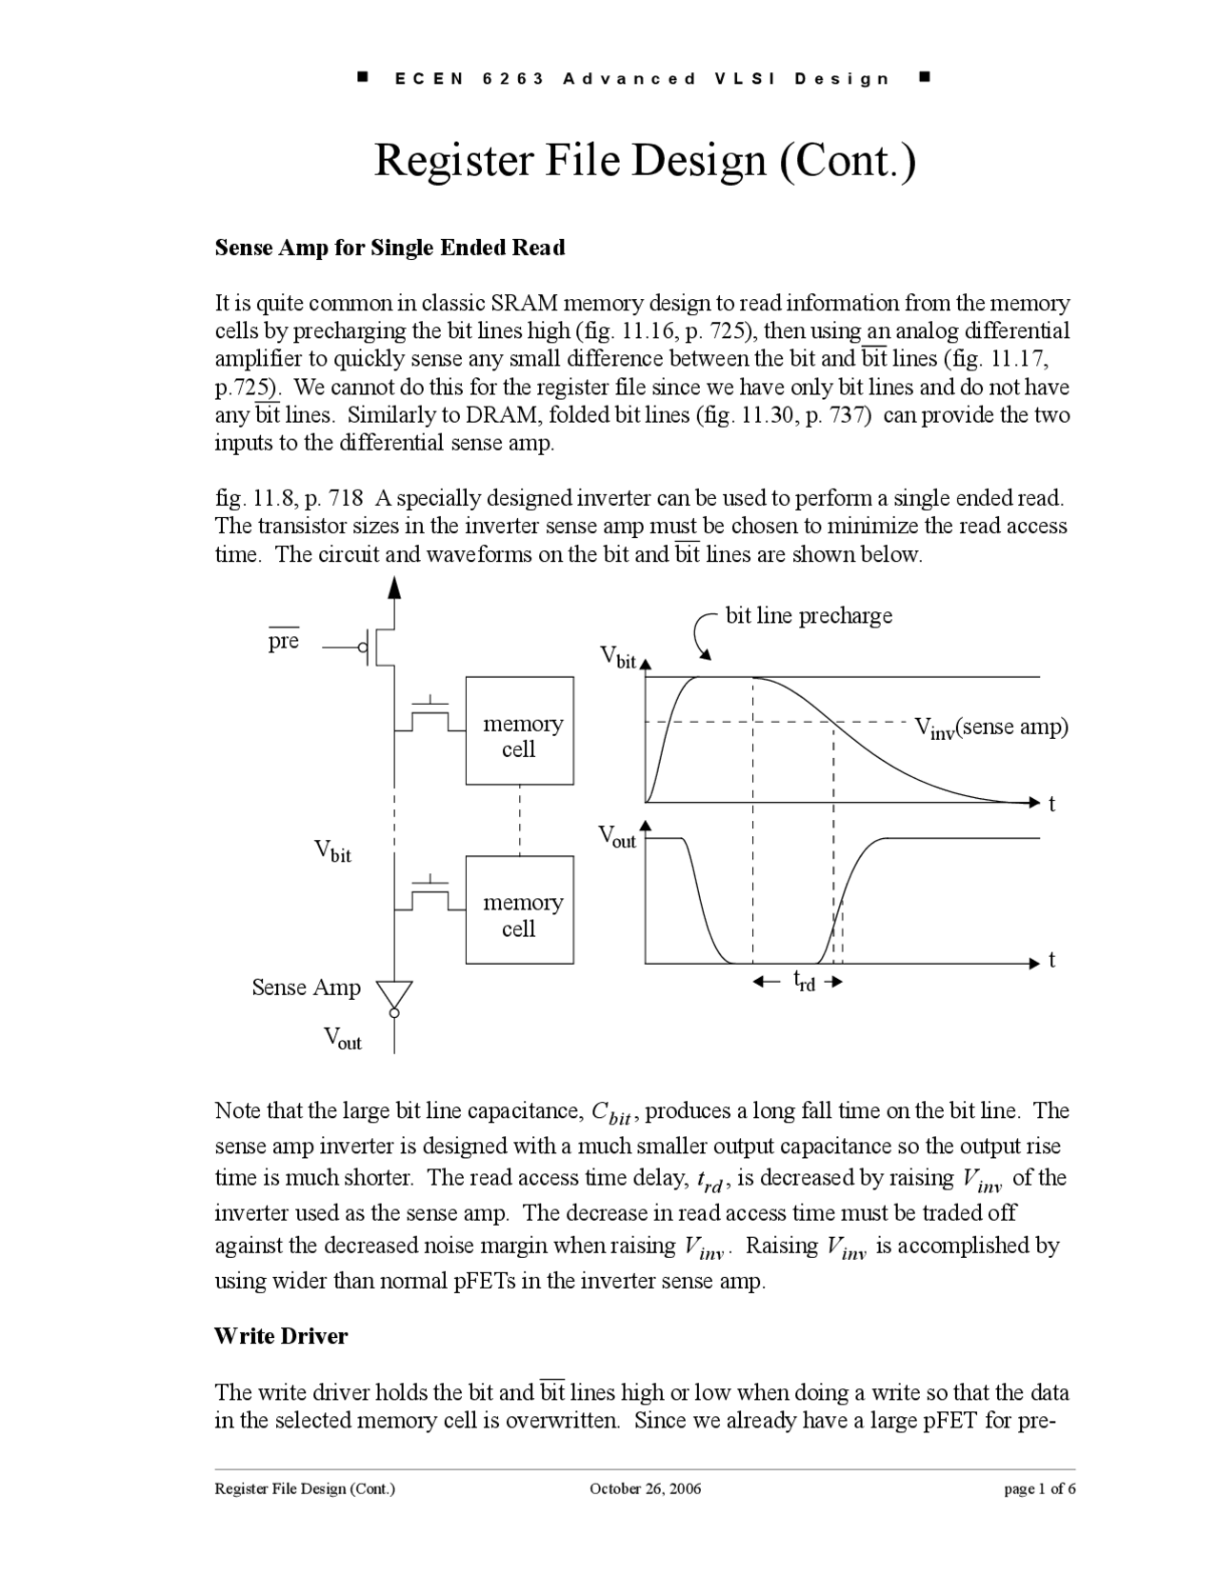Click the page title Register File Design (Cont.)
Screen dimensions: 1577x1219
645,160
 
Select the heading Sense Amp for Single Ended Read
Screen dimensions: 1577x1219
390,248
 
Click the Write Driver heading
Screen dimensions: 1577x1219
281,1335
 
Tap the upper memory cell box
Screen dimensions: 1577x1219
519,730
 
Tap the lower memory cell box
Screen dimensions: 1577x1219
519,909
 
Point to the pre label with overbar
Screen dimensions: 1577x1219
283,641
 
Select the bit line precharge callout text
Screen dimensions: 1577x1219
809,615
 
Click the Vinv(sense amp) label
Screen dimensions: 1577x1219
990,728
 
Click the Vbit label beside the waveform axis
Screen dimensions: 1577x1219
619,657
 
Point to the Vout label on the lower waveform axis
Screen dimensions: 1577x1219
617,837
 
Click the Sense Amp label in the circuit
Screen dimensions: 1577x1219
306,988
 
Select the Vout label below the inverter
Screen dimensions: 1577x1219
343,1038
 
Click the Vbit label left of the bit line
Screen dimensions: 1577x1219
333,850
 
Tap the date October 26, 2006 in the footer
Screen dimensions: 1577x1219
645,1488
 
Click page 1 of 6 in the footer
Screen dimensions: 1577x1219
1040,1488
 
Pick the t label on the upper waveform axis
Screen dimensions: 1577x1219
1051,805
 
